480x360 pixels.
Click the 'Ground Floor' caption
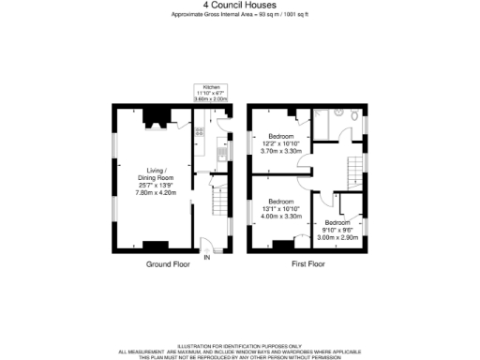[x=168, y=265]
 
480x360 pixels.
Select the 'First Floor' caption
[x=308, y=265]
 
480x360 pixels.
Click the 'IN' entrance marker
[x=207, y=255]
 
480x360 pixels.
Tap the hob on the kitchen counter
[x=199, y=133]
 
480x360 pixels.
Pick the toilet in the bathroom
[x=357, y=117]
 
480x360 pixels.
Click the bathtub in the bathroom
[x=322, y=122]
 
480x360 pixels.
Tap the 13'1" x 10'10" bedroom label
[x=282, y=208]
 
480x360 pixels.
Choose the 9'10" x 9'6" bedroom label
[x=338, y=230]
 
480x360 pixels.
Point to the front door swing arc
[x=215, y=244]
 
